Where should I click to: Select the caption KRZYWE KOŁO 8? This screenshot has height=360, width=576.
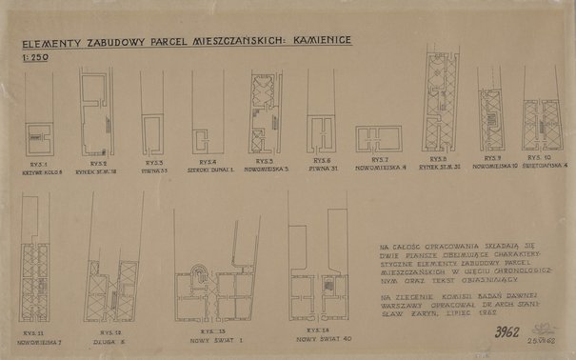(x=41, y=172)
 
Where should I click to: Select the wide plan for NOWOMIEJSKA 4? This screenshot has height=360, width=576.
(x=378, y=138)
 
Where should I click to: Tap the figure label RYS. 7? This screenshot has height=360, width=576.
(x=381, y=159)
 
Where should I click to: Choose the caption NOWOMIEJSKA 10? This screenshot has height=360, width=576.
(x=493, y=165)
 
